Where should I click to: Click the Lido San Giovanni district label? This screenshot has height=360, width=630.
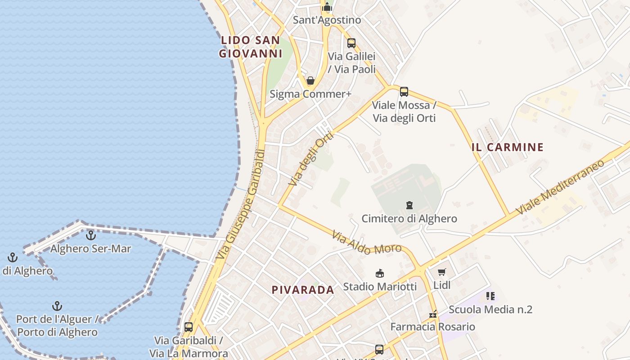coord(250,47)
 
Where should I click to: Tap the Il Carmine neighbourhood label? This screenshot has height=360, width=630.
coord(508,147)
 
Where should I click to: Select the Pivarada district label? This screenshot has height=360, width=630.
coord(303,290)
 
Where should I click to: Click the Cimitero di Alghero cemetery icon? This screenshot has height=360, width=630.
coord(409,206)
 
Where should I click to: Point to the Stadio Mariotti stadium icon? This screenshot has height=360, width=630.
coord(380,273)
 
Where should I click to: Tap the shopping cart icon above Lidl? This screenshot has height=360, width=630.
coord(441,272)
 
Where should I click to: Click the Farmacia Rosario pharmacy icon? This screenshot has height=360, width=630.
coord(433,314)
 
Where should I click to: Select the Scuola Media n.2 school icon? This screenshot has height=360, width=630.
coord(490,296)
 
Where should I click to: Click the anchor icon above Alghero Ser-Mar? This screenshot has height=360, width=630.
coord(91,235)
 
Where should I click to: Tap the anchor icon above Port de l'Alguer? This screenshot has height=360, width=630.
coord(57,306)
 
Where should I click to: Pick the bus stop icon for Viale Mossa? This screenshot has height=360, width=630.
coord(404,92)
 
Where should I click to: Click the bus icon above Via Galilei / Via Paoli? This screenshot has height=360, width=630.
coord(351,43)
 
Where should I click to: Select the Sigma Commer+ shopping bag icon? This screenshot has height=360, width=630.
coord(310,81)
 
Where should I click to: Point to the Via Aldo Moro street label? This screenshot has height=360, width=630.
coord(366,243)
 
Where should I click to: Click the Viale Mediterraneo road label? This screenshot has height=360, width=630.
coord(560,187)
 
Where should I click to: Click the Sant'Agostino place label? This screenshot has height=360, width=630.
coord(327,20)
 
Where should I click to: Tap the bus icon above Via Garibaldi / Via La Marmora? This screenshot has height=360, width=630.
coord(189,327)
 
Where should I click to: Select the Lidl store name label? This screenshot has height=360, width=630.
coord(442,285)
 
